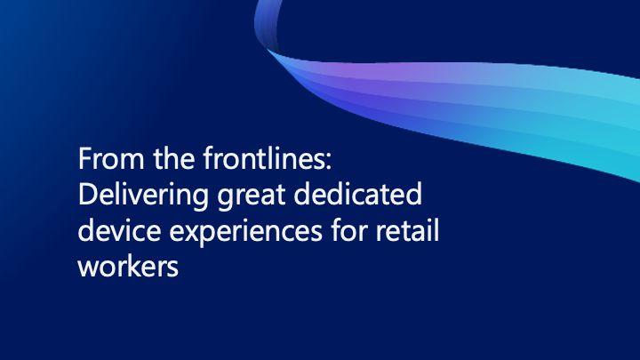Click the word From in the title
[x=111, y=158]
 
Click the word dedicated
[x=357, y=194]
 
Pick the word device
[x=119, y=230]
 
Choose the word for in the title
[x=348, y=230]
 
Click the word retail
[x=406, y=230]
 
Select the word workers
[x=128, y=266]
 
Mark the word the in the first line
[x=174, y=158]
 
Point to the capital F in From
[x=84, y=158]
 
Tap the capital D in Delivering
[x=87, y=195]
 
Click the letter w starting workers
[x=89, y=270]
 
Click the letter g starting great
[x=225, y=200]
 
